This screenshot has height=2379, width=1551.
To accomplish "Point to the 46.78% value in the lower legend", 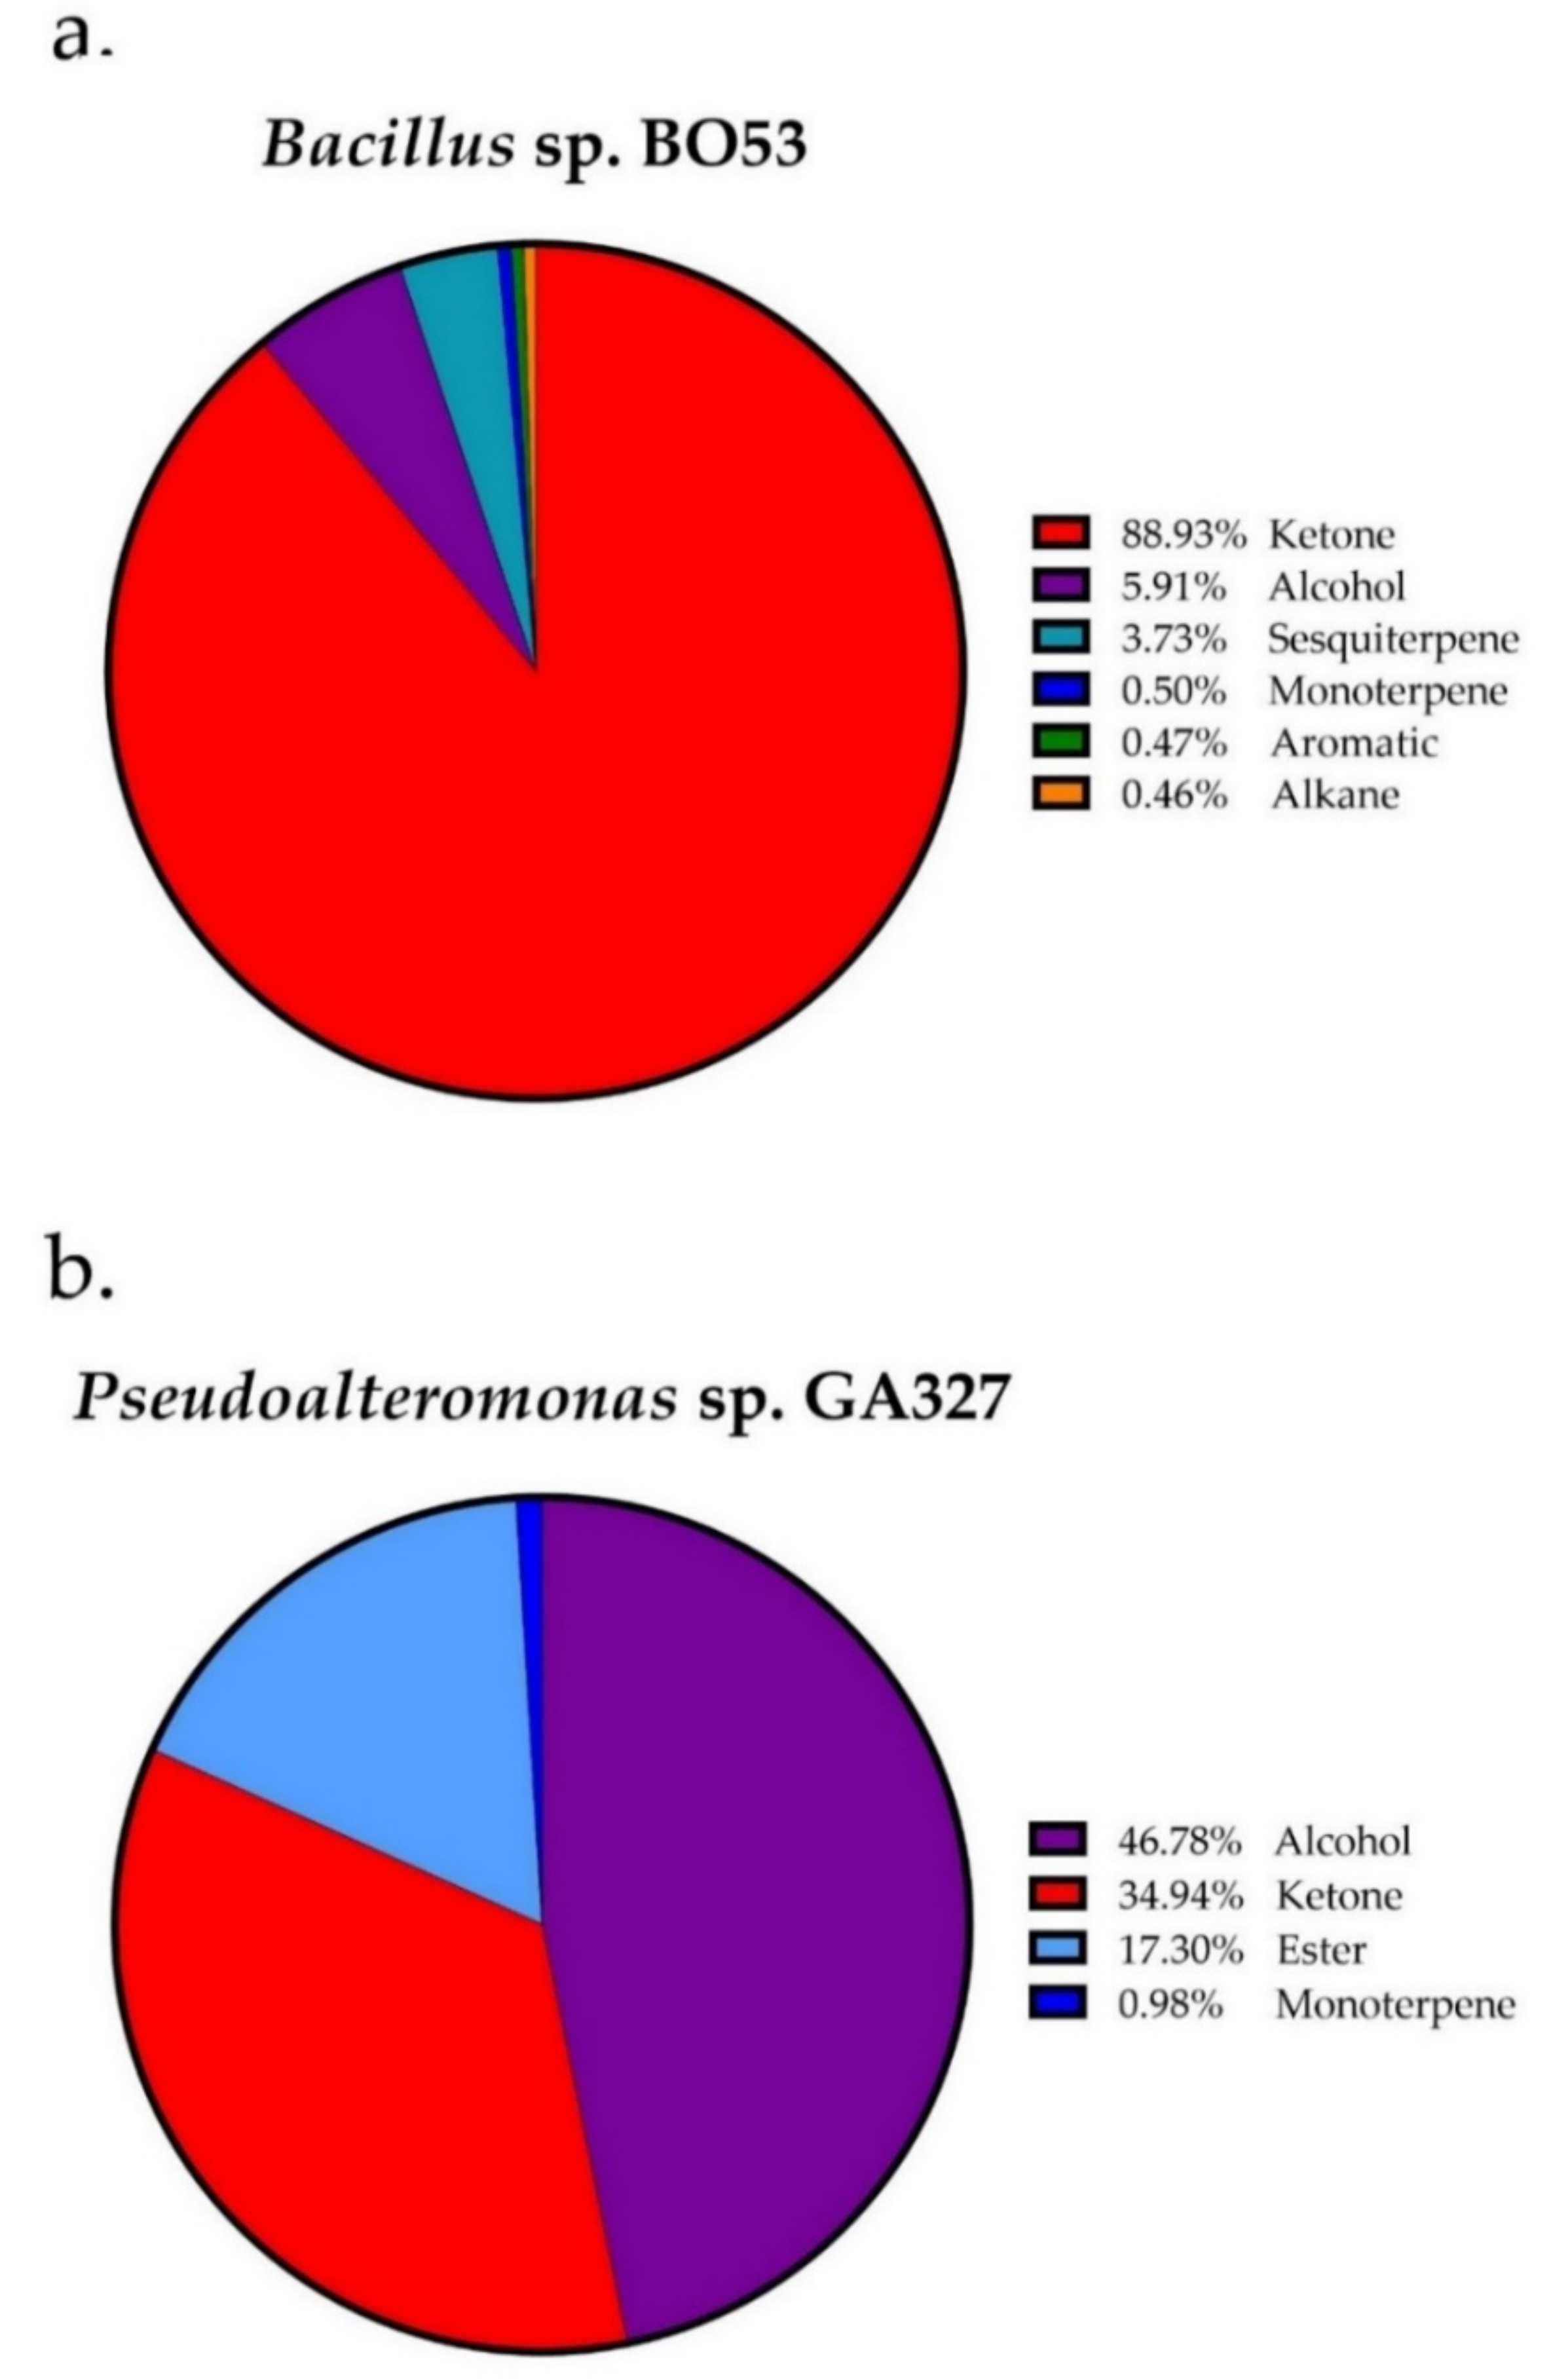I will [x=1179, y=1840].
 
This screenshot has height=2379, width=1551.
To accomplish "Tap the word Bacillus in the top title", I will [x=388, y=147].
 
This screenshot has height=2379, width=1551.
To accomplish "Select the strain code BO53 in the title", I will [x=718, y=147].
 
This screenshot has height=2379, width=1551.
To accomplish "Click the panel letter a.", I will [x=80, y=40].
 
